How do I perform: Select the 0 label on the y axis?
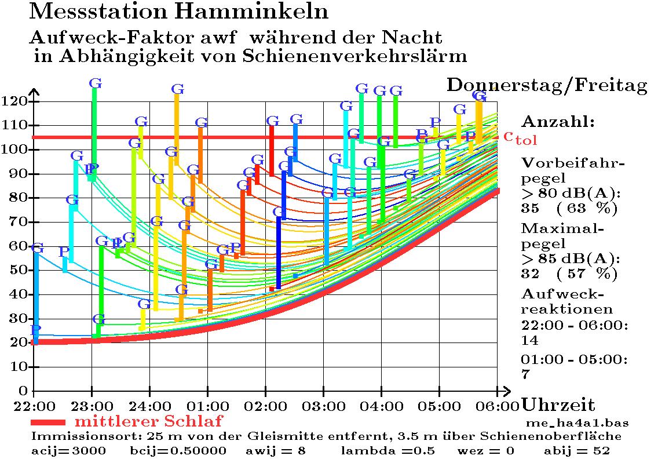click(23, 391)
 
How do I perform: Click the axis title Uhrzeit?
click(558, 405)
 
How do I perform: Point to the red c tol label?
click(520, 137)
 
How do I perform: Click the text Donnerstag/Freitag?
click(547, 86)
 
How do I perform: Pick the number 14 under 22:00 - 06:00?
click(530, 340)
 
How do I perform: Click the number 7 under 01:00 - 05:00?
click(526, 374)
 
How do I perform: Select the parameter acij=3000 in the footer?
click(68, 450)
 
